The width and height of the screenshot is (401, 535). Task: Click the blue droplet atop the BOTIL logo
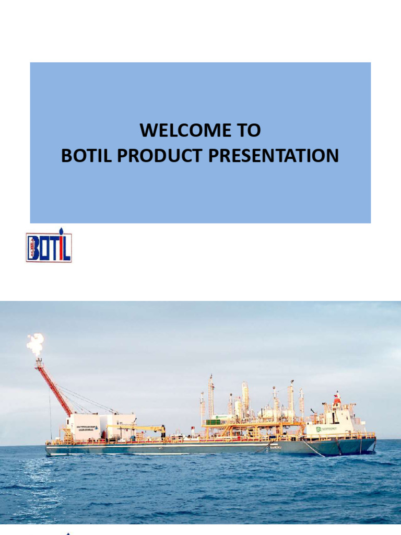click(61, 232)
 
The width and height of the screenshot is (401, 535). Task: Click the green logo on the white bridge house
click(319, 429)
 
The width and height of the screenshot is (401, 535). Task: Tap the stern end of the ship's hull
click(47, 450)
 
